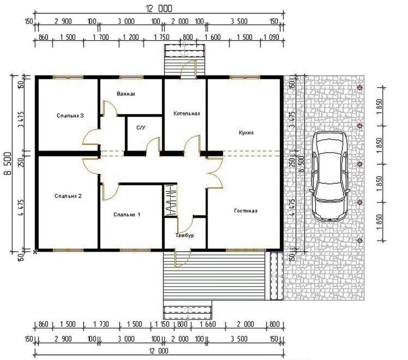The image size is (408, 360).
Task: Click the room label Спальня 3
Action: pos(70,115)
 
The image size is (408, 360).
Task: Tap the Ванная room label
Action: pos(126,94)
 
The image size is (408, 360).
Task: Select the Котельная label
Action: pos(187,113)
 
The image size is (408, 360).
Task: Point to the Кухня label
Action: pos(246,132)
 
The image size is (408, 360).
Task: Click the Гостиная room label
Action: pos(246,211)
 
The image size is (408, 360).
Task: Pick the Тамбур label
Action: pos(185,235)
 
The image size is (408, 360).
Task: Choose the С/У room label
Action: pos(141,127)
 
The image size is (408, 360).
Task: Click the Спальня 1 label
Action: pos(127,215)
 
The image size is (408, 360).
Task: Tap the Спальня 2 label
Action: pos(68,196)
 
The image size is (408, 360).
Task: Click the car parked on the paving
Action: pos(330,176)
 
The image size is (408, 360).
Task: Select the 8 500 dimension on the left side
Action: pos(8,163)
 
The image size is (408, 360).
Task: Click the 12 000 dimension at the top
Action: pos(159,9)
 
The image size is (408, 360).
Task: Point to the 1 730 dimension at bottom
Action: pos(101,324)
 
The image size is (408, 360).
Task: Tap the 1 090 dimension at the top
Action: pos(272,37)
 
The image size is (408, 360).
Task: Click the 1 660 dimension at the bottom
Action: pos(208,324)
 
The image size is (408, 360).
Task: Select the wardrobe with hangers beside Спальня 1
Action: pos(171,200)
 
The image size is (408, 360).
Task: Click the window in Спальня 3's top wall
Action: pos(68,77)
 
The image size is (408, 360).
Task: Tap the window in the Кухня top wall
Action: pos(245,77)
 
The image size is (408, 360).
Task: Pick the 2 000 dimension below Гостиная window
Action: pos(246,324)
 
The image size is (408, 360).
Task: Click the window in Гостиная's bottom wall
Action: pos(246,250)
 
